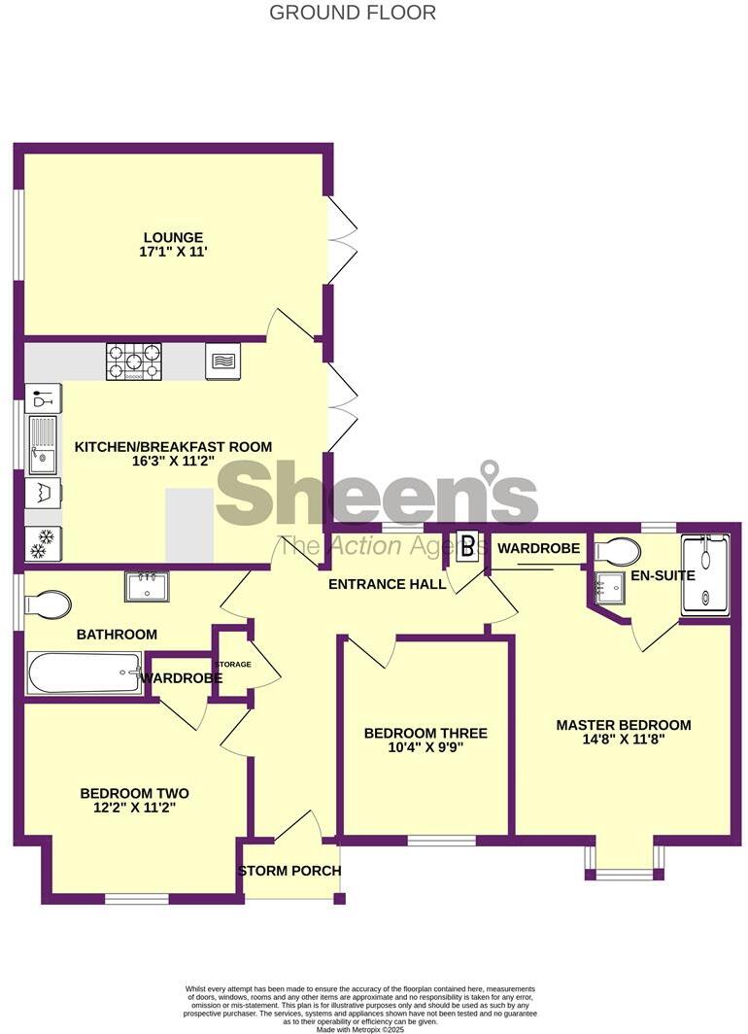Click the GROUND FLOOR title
click(352, 13)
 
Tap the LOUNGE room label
click(173, 237)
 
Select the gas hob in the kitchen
click(134, 362)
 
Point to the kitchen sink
click(43, 444)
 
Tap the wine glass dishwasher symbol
click(43, 398)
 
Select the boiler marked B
click(467, 546)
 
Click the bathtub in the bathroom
click(84, 672)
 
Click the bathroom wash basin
click(148, 586)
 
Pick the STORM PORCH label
click(289, 871)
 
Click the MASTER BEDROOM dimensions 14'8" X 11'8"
click(623, 741)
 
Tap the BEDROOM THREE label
click(425, 733)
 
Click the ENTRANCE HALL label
click(387, 584)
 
